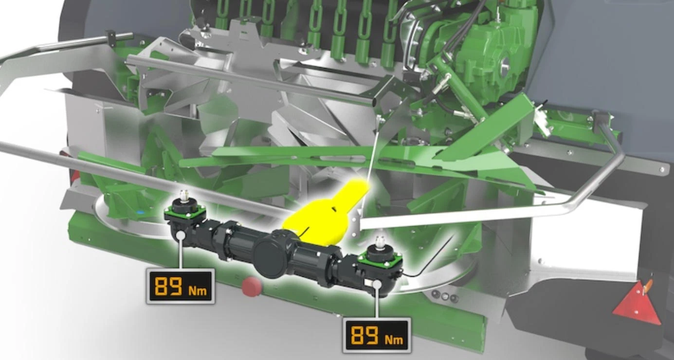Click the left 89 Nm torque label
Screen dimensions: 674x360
[x=181, y=286]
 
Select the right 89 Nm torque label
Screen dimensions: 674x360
[x=377, y=335]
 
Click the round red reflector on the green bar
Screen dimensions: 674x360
[x=252, y=287]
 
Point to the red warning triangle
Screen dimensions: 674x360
[x=638, y=304]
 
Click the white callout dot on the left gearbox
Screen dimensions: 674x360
[x=181, y=235]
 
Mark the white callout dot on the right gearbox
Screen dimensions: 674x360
[x=377, y=284]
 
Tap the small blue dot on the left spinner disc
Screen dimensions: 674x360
[x=139, y=213]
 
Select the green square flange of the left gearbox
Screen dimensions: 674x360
[x=185, y=212]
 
